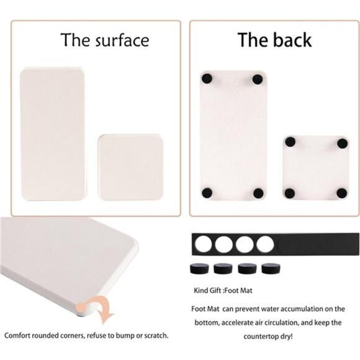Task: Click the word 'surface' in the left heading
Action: point(122,40)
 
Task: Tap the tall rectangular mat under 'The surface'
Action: point(53,134)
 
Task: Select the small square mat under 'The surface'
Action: point(130,167)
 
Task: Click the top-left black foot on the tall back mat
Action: point(207,78)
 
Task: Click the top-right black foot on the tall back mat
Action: point(258,79)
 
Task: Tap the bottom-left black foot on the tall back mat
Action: point(207,193)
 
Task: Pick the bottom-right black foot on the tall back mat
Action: point(258,193)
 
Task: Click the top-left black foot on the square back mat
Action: point(290,142)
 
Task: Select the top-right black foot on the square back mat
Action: point(343,143)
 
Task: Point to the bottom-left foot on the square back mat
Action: point(290,193)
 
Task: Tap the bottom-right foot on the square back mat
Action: point(342,193)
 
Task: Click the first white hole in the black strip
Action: point(204,244)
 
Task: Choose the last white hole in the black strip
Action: point(265,244)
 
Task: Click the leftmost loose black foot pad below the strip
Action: point(199,268)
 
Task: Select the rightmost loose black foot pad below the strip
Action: point(271,268)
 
